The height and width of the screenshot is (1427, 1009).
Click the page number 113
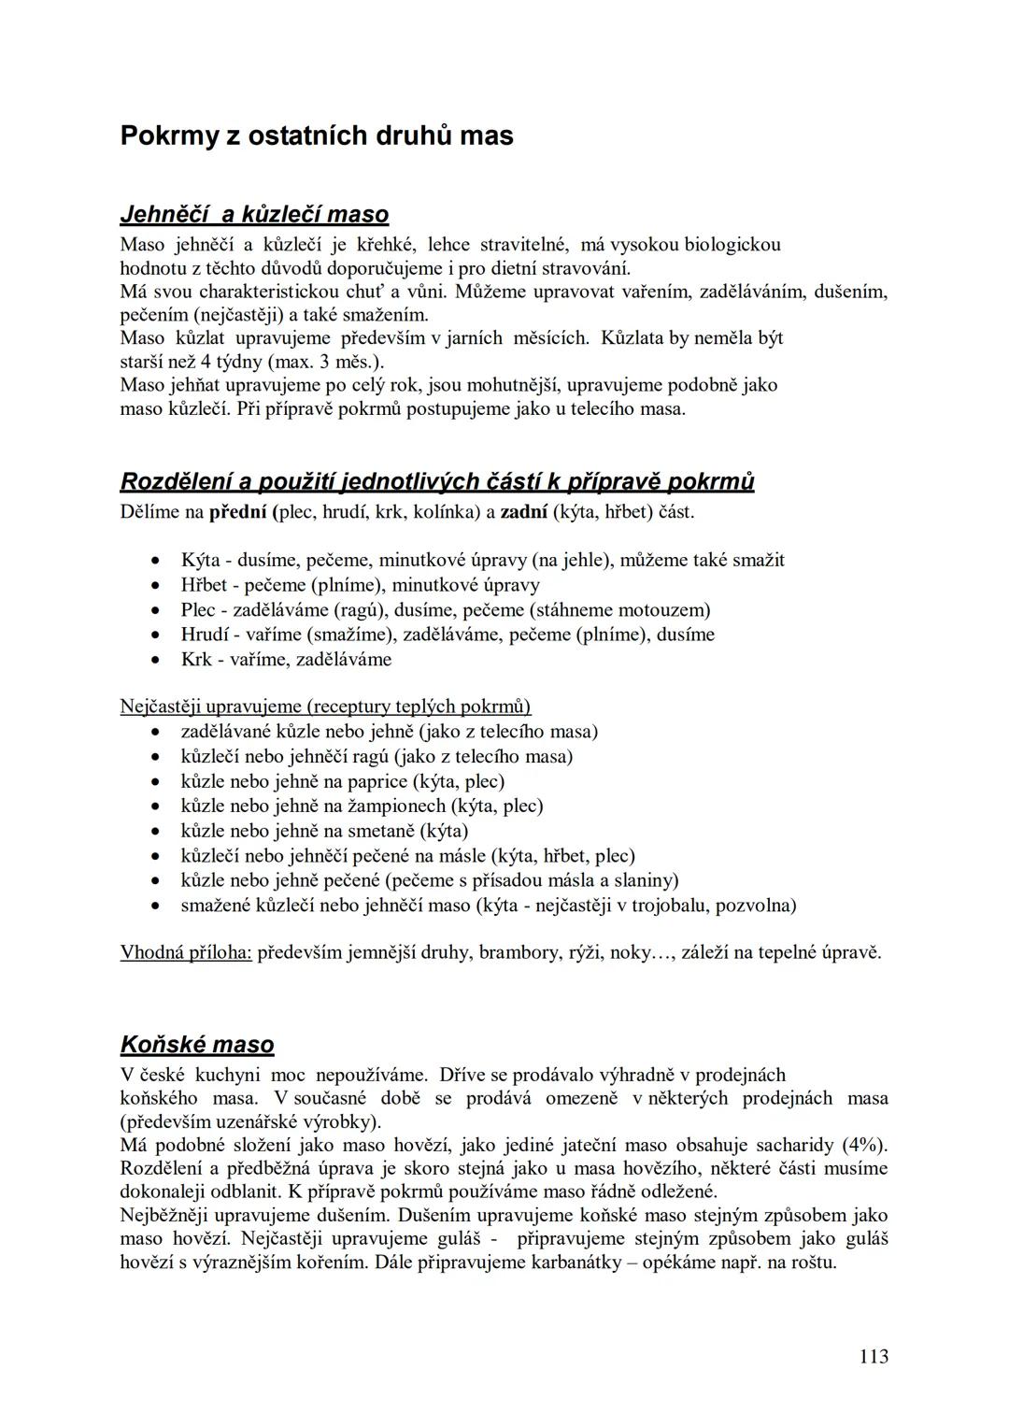tap(873, 1356)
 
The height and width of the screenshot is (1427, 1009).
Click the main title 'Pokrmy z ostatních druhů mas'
tap(317, 136)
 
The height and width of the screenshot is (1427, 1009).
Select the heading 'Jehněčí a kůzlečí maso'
tap(254, 215)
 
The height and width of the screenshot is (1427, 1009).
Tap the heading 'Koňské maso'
tap(197, 1044)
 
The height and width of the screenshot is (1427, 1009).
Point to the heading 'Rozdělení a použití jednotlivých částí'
tap(437, 482)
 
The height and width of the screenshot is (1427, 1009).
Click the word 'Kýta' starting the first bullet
tap(200, 561)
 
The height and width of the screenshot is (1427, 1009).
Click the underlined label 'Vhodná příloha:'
tap(186, 953)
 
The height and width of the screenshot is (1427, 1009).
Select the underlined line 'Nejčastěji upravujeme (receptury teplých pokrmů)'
tap(325, 706)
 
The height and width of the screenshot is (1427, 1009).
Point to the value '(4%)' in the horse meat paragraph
tap(864, 1145)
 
